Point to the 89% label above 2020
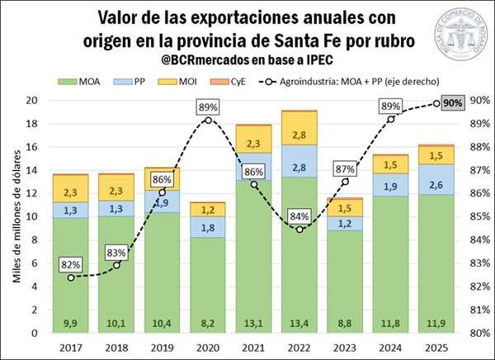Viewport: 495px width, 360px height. pos(207,107)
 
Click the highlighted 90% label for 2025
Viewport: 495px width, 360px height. pos(452,103)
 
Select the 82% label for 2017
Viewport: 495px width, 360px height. pos(71,264)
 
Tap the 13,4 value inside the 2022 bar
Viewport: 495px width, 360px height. pos(297,321)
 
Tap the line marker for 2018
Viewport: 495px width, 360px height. pos(117,264)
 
